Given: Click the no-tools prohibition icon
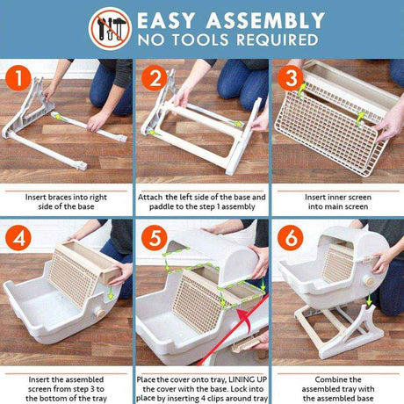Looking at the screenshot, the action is [x=110, y=29].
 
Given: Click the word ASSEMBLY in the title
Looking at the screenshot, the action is [x=265, y=21].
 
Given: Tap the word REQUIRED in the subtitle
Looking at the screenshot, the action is [x=278, y=40].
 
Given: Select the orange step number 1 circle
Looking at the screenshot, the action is [x=18, y=78].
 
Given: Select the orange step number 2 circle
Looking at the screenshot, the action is [x=155, y=78].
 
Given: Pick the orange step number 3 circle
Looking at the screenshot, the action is [x=291, y=78].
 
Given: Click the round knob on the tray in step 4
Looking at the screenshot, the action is [x=100, y=313].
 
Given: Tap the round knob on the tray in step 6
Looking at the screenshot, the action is [x=369, y=281].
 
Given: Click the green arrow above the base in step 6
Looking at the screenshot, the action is [x=370, y=299].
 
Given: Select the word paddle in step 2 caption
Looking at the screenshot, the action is [x=161, y=206].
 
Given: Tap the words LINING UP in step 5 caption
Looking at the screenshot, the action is [x=248, y=379].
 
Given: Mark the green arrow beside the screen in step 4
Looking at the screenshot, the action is [x=111, y=293].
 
